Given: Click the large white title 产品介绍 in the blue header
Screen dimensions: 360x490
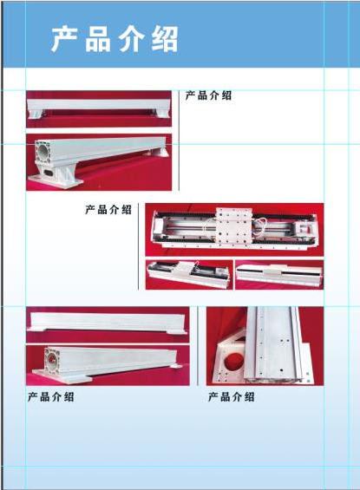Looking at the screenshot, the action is tap(115, 39).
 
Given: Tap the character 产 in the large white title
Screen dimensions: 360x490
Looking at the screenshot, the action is tap(64, 39).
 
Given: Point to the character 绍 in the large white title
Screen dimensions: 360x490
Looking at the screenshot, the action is tap(165, 39).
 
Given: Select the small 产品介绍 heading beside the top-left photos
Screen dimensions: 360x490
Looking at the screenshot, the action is tap(208, 95).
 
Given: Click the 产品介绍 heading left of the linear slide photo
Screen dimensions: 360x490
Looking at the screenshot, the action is tap(108, 209).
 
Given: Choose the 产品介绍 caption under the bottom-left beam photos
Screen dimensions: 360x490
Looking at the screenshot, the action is tap(51, 397).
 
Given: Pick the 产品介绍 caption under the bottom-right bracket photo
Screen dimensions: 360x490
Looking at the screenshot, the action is tap(232, 397).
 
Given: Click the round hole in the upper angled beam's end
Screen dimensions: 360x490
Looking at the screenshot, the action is tap(43, 151).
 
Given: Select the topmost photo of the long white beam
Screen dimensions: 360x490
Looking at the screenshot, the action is tap(99, 109).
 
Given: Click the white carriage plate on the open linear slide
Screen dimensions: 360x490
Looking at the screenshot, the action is tap(233, 226).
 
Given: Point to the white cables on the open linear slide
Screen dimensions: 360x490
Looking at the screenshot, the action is tap(260, 225).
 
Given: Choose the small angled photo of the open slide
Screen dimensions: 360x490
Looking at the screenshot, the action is tap(189, 275).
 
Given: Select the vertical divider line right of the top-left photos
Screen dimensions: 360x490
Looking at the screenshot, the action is tap(179, 140).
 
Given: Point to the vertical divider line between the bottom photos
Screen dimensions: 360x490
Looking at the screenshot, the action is tap(198, 346).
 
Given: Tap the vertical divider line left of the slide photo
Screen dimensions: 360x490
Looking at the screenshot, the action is tap(139, 246).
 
